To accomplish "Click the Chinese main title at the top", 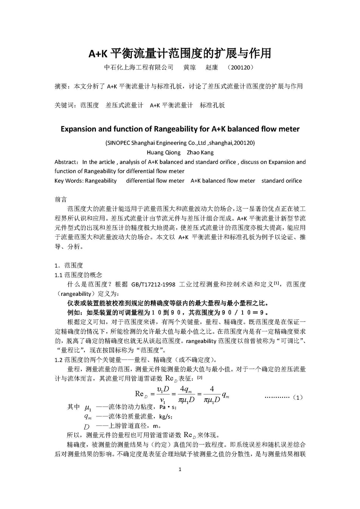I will coord(180,53).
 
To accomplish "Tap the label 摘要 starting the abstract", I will coord(61,86).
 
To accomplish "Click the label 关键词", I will coord(63,105).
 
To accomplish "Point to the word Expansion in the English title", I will coord(78,129).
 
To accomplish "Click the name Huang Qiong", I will coord(163,153).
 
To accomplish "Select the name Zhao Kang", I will coord(200,153).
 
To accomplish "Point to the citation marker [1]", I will coord(277,283).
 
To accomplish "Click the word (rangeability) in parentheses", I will coord(75,294).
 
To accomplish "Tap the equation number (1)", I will coord(298,398).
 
